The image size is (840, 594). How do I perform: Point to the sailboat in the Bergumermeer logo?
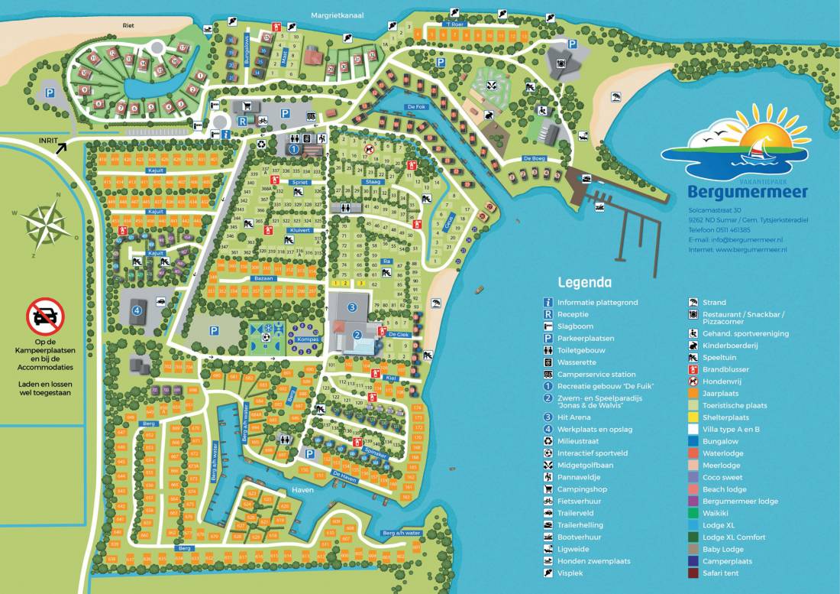click(758, 147)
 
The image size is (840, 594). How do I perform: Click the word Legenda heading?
click(584, 281)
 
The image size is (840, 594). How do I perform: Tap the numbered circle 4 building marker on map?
click(137, 310)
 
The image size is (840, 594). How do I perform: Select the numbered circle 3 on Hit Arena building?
click(352, 307)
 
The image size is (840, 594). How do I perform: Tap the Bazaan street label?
click(263, 279)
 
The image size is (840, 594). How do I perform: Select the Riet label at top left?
click(128, 25)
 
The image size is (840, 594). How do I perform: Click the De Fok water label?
click(415, 107)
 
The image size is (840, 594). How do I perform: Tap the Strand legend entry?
click(715, 303)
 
